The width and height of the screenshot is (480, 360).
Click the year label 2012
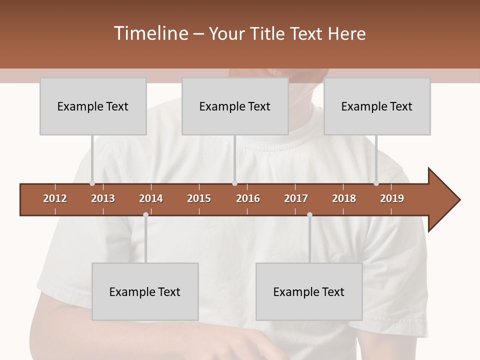pos(55,198)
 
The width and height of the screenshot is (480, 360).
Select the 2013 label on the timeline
pos(103,198)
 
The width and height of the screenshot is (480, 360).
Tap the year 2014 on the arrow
pos(151,198)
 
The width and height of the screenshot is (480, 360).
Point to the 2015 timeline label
pos(199,198)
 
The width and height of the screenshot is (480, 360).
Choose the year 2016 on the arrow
pos(248,198)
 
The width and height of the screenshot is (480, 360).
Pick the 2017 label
pos(296,198)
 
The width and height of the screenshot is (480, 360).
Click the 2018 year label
pos(344,198)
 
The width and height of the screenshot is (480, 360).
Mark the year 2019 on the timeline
pos(392,198)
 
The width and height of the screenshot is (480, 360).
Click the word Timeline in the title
pos(150,33)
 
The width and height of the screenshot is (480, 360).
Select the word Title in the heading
pos(268,33)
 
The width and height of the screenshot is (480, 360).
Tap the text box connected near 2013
pos(93,106)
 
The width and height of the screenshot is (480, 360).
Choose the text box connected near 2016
pos(235,106)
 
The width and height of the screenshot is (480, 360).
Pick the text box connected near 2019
pos(377,106)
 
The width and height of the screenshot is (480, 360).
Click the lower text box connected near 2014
pos(145,291)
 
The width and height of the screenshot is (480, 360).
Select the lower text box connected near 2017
pos(309,291)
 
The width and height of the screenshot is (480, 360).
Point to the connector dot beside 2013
pos(92,183)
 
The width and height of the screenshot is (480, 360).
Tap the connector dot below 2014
pos(145,214)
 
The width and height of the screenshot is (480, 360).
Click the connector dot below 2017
pos(309,214)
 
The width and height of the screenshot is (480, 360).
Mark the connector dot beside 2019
pos(376,183)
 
